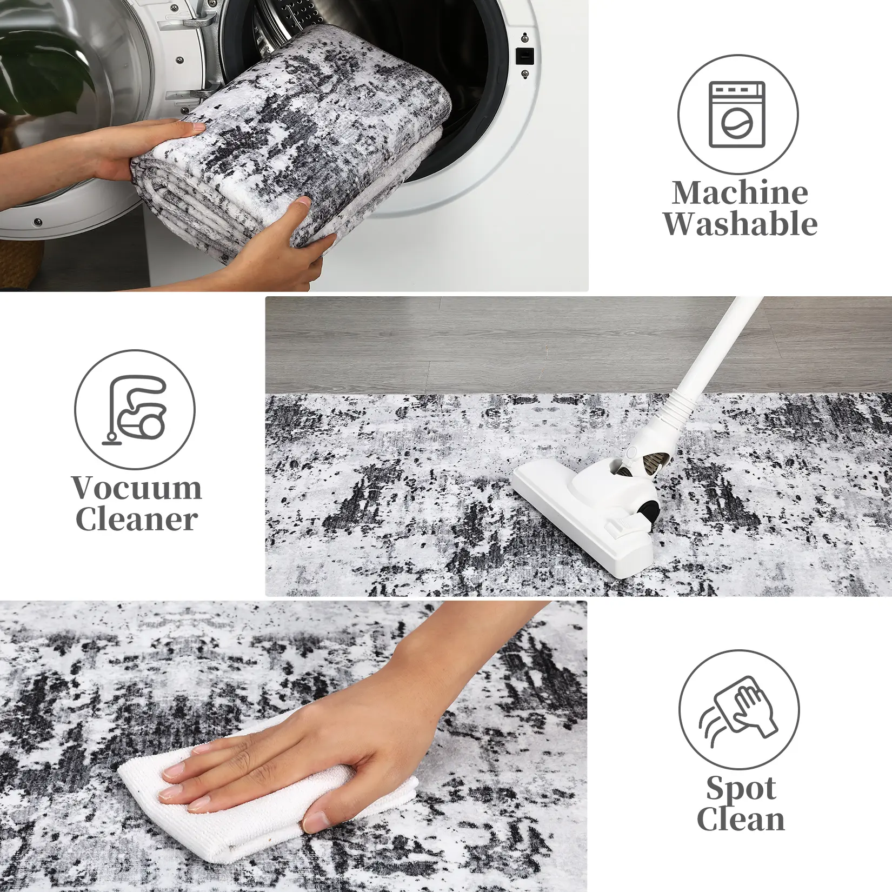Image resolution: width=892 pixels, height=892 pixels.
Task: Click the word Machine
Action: coord(740,192)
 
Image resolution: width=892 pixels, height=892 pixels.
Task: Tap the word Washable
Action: coord(740,223)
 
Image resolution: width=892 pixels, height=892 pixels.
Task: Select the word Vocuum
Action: coord(137,488)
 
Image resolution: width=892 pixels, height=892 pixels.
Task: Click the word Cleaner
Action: coord(136,520)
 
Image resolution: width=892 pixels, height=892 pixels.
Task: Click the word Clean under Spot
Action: coord(741,818)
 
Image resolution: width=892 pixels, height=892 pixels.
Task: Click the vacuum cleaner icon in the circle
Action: coord(134,409)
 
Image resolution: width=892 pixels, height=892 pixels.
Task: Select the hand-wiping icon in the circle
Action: coord(739,709)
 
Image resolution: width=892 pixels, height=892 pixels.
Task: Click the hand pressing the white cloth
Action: coord(303,735)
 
